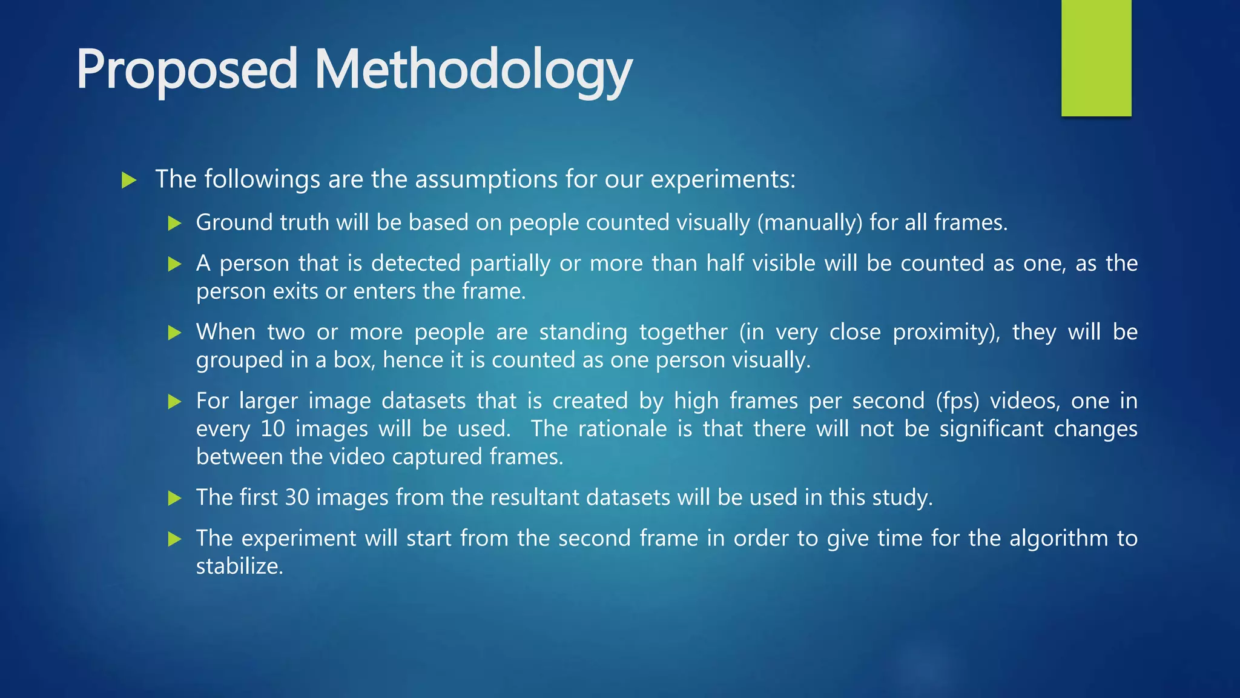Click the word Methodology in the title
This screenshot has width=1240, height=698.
[x=473, y=70]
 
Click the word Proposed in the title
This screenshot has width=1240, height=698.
[x=187, y=70]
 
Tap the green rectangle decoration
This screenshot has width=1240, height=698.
[x=1096, y=58]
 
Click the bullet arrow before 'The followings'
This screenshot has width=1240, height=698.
[x=129, y=180]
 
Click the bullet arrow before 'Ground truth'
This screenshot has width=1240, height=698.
[x=175, y=224]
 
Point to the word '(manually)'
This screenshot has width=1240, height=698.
[x=810, y=223]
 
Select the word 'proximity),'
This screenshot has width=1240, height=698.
[x=946, y=332]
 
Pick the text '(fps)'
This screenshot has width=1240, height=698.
[x=957, y=401]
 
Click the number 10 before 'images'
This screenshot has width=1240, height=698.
[x=272, y=429]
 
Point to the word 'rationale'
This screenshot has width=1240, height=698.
[x=622, y=429]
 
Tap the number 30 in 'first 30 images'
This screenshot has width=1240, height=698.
[x=297, y=497]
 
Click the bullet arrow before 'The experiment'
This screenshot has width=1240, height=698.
[x=175, y=539]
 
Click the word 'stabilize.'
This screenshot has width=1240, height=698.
[x=240, y=567]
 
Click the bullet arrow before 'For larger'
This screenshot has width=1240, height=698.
[x=175, y=401]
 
